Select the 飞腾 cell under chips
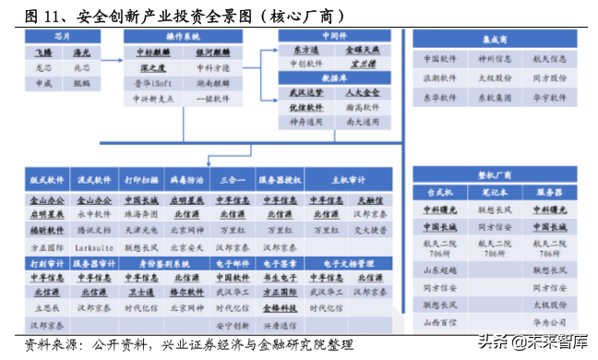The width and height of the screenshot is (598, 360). point(43,52)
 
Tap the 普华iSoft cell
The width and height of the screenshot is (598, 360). point(151,82)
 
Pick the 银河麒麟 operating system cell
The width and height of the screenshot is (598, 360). point(212,52)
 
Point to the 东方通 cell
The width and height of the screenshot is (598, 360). point(306,49)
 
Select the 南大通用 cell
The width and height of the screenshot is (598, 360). point(361,122)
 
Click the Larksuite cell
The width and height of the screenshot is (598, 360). point(94,247)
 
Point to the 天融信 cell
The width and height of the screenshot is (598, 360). point(369,198)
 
